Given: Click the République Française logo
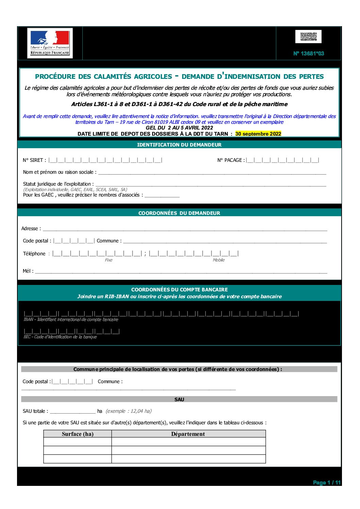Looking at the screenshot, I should [50, 43].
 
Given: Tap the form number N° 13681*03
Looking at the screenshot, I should [309, 53].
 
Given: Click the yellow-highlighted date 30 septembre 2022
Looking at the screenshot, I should [258, 134].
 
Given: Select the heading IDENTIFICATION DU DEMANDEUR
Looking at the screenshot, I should [179, 145].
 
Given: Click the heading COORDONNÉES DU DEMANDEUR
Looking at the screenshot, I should [179, 213].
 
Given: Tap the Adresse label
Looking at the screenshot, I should [31, 228].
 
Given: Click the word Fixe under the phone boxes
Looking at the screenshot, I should [109, 260].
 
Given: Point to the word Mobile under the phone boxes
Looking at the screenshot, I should [218, 260].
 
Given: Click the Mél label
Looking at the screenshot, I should [28, 271].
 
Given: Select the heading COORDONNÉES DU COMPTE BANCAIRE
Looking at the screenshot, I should [179, 290].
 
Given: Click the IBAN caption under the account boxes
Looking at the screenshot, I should [71, 320].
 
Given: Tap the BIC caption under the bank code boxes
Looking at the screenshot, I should [60, 337].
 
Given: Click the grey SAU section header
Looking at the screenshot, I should [179, 400].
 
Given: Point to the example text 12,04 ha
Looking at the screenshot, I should [129, 411].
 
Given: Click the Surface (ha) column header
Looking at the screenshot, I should [78, 434].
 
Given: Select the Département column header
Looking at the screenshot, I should [188, 434].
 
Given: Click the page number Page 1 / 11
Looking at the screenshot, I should [326, 482].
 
